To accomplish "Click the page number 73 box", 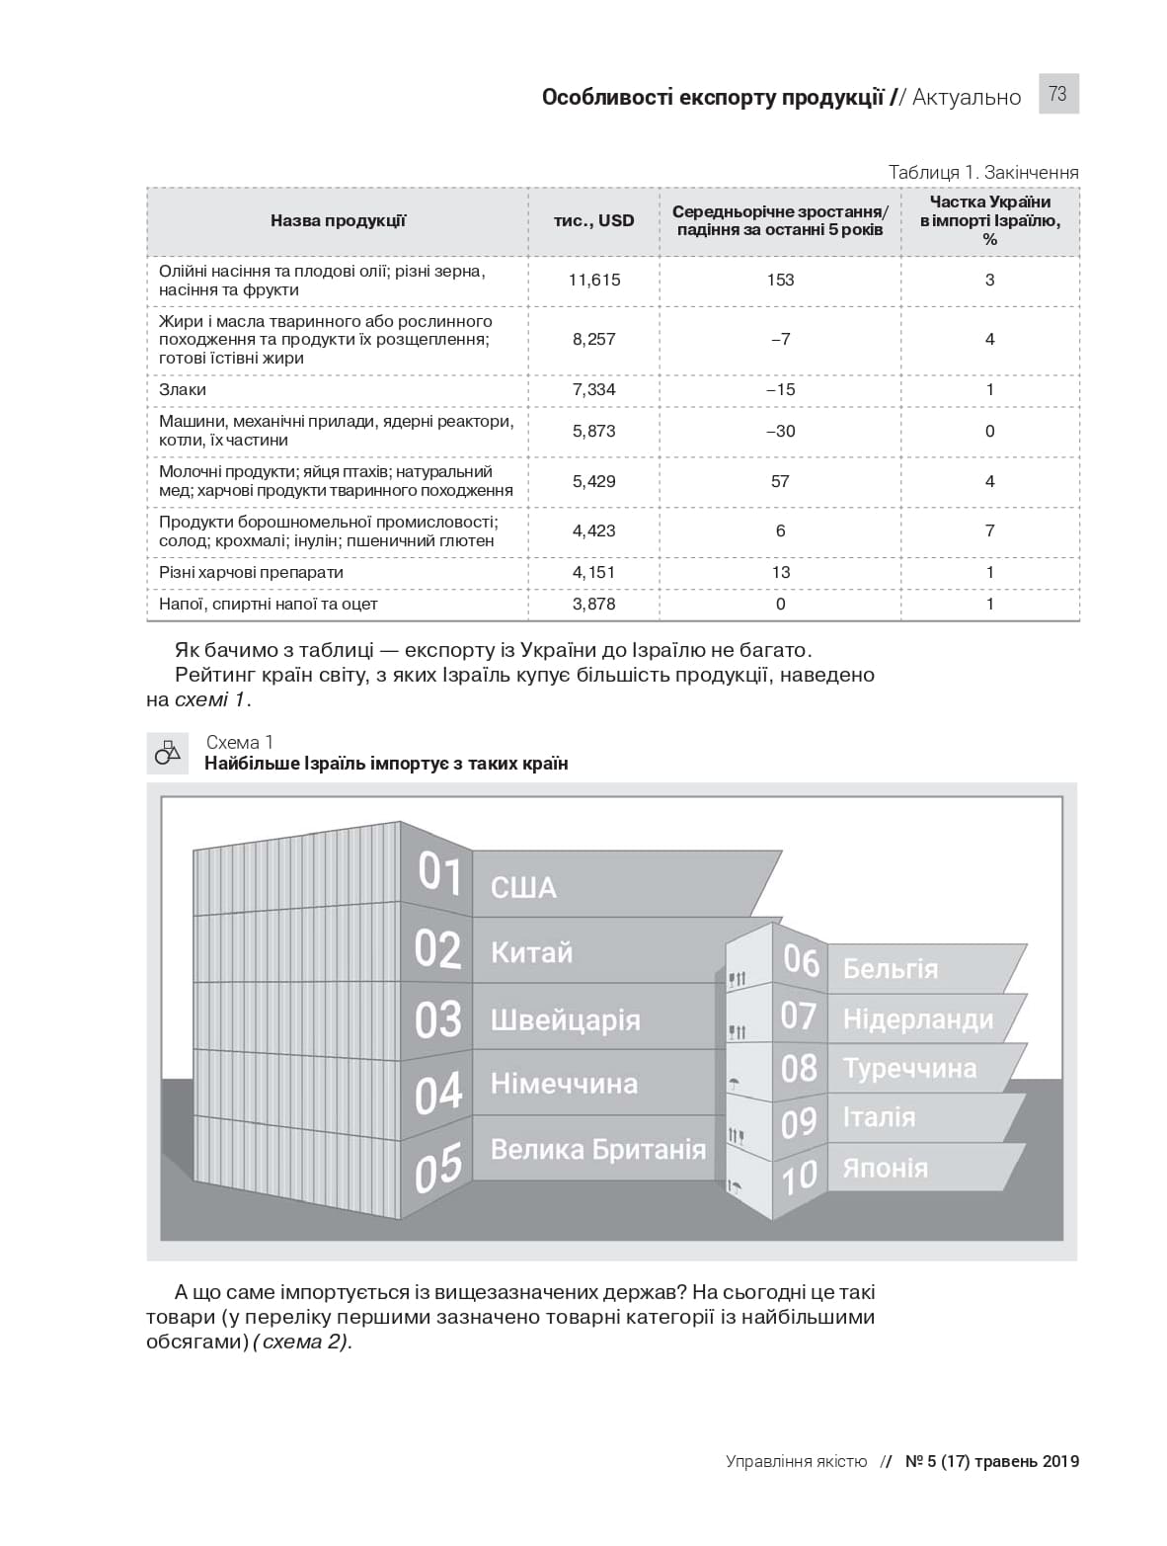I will click(1057, 94).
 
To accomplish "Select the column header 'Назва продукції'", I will click(338, 220).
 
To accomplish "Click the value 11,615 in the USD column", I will click(594, 280).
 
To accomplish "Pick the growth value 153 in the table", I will click(780, 280).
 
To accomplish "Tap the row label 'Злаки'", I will click(183, 389).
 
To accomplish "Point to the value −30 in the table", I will click(780, 431).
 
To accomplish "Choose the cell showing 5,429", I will click(594, 481).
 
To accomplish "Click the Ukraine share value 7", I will click(989, 530).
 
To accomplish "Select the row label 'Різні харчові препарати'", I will click(251, 572).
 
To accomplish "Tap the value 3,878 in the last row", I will click(594, 604).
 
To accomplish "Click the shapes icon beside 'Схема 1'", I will click(168, 753).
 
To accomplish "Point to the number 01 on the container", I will click(439, 873).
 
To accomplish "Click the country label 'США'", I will click(523, 887).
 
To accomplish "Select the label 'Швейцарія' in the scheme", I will click(565, 1019).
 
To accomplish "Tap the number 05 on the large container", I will click(438, 1167).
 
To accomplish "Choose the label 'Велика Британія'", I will click(598, 1149).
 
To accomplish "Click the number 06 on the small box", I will click(801, 960).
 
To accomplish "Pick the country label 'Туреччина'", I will click(909, 1068).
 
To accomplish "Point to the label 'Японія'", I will click(885, 1168).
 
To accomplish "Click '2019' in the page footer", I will click(1060, 1461).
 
